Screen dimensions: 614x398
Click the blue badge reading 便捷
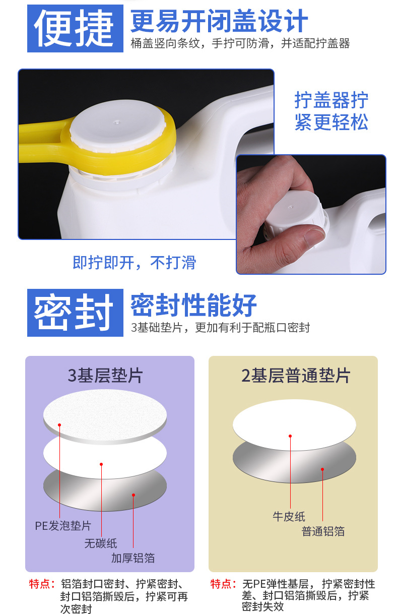[x=75, y=28]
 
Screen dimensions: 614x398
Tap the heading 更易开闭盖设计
[x=219, y=21]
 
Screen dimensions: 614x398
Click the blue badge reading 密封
[x=75, y=313]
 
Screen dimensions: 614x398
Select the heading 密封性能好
[x=194, y=305]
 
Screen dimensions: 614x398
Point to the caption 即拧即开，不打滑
[x=134, y=263]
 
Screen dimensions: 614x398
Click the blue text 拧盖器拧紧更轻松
[x=331, y=111]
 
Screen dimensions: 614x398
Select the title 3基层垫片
[x=105, y=376]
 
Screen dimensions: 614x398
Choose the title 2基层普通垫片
[x=295, y=376]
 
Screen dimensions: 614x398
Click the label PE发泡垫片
[x=63, y=526]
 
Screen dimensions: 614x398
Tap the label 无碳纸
[x=101, y=543]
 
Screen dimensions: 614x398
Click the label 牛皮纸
[x=289, y=516]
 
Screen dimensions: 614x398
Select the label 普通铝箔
[x=323, y=531]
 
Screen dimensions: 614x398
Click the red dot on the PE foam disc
[x=59, y=425]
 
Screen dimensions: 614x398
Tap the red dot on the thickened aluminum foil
[x=134, y=495]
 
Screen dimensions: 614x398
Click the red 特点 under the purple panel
[x=42, y=584]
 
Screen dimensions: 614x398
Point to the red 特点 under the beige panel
[x=224, y=584]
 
